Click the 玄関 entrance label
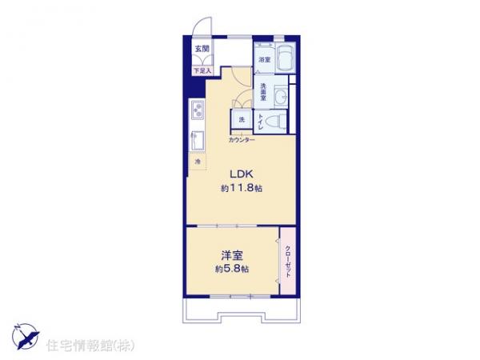click(199, 49)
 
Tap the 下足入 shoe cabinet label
click(200, 71)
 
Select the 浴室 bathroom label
click(263, 60)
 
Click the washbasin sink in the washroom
click(281, 97)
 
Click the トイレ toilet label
click(261, 122)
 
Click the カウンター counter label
click(241, 140)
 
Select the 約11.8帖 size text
click(242, 189)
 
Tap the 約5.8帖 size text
click(232, 270)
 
